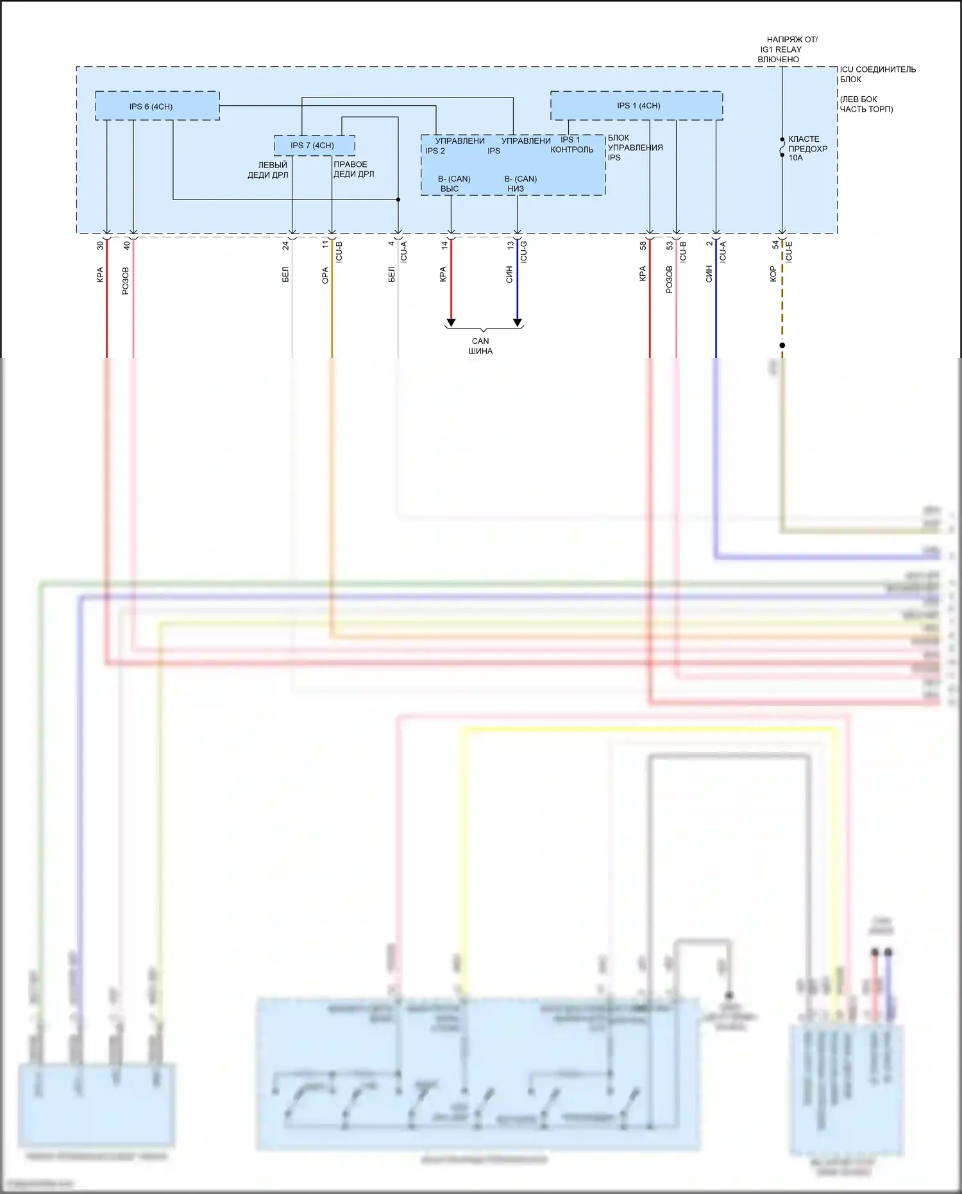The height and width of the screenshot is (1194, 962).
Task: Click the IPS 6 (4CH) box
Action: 157,106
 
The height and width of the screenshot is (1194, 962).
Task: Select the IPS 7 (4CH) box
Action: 314,146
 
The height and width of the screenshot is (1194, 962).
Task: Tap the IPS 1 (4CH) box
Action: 636,106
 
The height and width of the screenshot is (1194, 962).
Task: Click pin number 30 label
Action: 100,246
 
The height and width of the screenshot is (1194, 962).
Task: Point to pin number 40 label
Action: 127,245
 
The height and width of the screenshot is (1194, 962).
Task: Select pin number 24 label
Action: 286,246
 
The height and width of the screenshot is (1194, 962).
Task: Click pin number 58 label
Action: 643,245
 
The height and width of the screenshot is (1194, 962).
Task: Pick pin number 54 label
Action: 775,245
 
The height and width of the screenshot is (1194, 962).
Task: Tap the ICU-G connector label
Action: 524,252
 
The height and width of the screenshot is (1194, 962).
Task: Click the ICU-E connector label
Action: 789,252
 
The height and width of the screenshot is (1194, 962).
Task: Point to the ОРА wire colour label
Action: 325,276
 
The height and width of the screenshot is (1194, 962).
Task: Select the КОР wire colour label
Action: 773,274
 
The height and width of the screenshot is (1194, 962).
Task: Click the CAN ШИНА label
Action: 480,346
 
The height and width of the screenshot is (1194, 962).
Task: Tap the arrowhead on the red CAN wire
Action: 451,322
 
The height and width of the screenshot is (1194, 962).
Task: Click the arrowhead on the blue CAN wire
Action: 518,322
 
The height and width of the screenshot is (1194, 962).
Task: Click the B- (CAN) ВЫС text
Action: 453,183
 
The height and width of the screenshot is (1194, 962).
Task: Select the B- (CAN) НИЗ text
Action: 519,183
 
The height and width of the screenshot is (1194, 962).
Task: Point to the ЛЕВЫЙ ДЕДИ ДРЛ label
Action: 269,170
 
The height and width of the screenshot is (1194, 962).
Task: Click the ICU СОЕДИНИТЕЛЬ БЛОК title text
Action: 877,74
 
